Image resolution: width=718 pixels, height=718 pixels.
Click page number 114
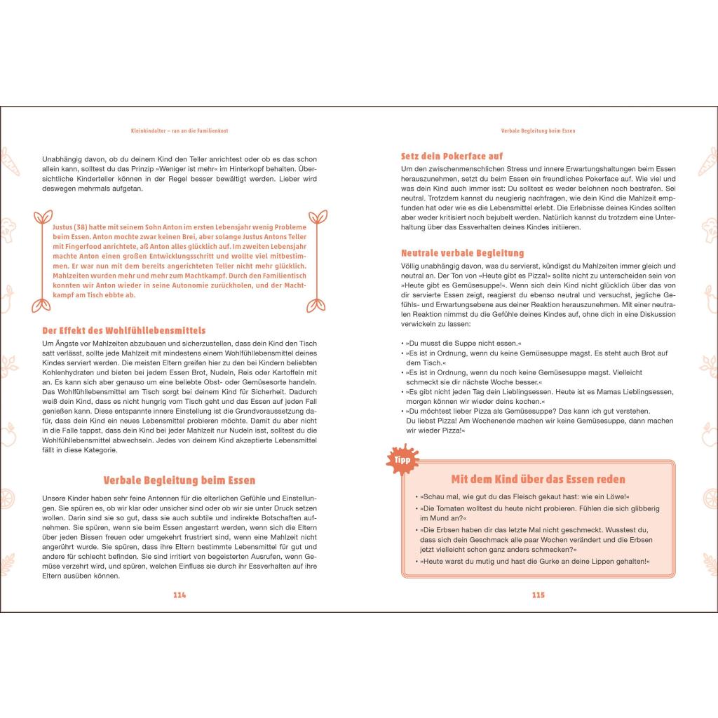tap(179, 595)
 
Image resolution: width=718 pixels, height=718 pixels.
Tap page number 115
tap(538, 595)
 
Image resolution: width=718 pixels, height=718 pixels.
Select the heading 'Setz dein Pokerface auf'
tap(452, 156)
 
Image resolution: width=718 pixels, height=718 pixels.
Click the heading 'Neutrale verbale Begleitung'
tap(462, 252)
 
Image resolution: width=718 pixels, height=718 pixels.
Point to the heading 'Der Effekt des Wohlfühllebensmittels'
tap(124, 330)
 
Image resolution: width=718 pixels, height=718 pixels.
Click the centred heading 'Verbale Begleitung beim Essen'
tap(179, 480)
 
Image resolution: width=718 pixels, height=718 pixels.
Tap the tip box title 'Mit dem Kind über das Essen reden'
tap(538, 479)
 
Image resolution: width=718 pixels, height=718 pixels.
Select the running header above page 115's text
tap(538, 130)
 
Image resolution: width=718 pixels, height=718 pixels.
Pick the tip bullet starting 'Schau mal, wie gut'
tap(522, 496)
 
